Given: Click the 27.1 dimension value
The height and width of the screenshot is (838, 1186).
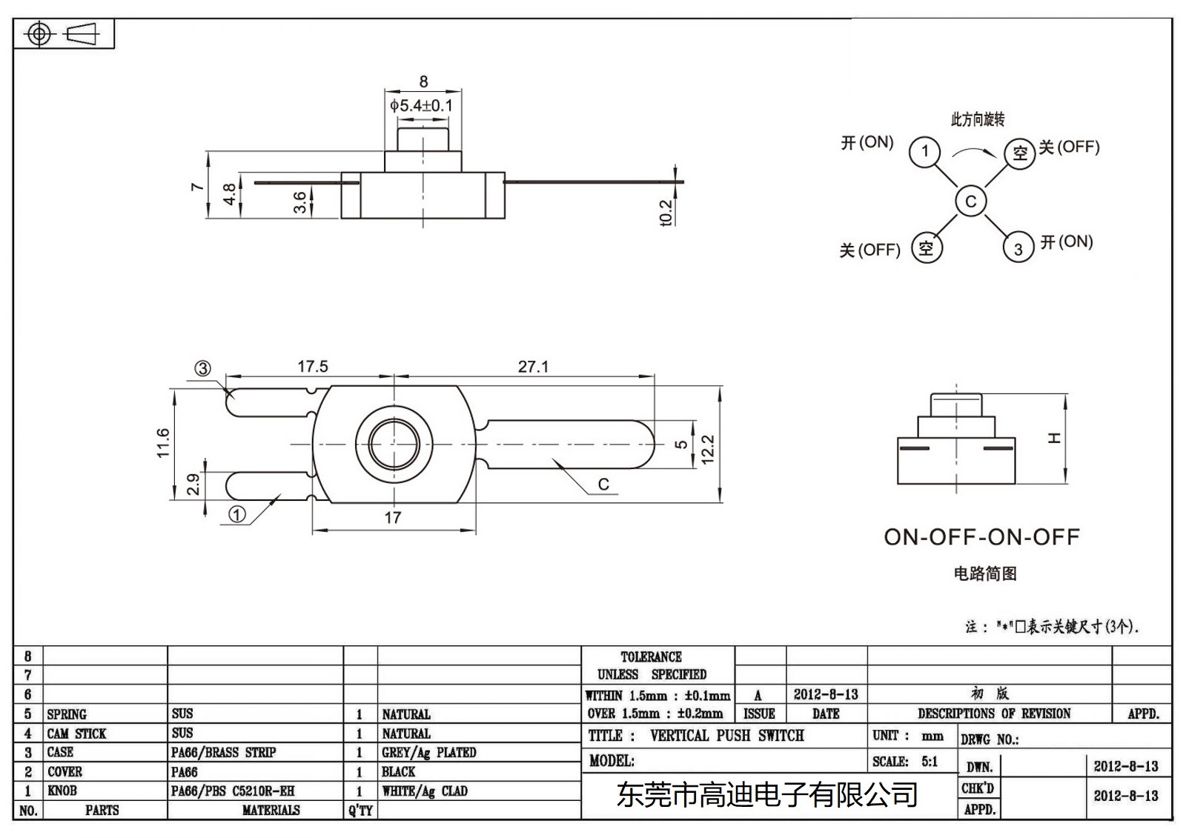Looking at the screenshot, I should (x=533, y=367).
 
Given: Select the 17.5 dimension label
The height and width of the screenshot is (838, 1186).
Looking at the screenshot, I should (x=312, y=367).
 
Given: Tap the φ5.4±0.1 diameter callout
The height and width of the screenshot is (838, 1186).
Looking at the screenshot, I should (x=421, y=105).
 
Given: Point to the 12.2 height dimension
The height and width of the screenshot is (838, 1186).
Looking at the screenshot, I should (x=707, y=449).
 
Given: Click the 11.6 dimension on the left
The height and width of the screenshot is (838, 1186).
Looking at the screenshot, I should (x=164, y=442).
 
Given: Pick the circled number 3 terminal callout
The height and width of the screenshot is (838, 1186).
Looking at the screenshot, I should (x=202, y=368).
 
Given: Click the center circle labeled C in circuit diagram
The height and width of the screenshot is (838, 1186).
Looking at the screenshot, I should (x=970, y=201).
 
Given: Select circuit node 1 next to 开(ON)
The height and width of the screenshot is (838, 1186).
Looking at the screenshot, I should (x=924, y=153).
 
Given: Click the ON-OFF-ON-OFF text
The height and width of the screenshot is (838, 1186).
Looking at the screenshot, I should (x=981, y=537).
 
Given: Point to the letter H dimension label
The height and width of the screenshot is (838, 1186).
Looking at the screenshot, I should (x=1054, y=438).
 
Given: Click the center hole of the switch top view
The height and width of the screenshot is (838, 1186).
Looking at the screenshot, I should (x=393, y=444).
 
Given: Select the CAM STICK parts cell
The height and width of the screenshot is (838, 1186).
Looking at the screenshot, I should (x=77, y=734).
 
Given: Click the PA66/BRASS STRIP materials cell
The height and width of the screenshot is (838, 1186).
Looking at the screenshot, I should (x=223, y=753).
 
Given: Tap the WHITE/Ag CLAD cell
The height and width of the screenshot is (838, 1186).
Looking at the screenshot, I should (x=425, y=791).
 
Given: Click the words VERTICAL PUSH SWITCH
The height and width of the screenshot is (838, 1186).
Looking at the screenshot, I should (x=726, y=736).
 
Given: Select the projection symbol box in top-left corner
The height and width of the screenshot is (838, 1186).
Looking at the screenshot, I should (x=64, y=34).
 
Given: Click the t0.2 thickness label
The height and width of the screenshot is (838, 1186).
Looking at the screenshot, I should (x=666, y=213).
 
